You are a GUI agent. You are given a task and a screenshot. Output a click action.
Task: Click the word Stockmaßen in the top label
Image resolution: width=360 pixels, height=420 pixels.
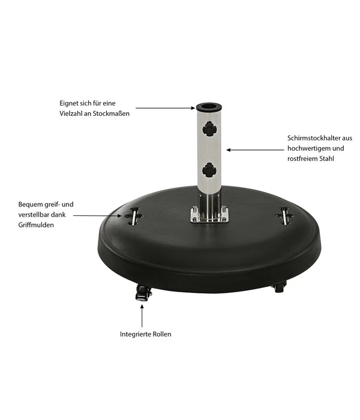point(111,112)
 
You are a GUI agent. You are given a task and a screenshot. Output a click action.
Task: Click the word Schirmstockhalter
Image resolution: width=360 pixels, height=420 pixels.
point(312,137)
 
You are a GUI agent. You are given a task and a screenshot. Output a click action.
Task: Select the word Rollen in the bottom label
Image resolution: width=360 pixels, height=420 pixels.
point(160,334)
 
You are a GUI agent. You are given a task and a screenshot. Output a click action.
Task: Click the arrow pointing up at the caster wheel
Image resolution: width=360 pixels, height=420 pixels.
point(143,314)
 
